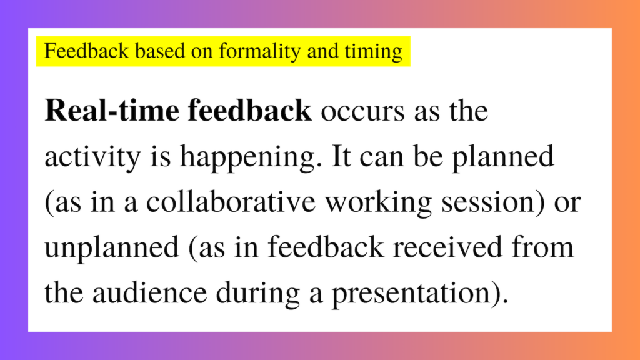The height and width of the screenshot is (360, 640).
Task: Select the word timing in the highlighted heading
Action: [375, 52]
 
